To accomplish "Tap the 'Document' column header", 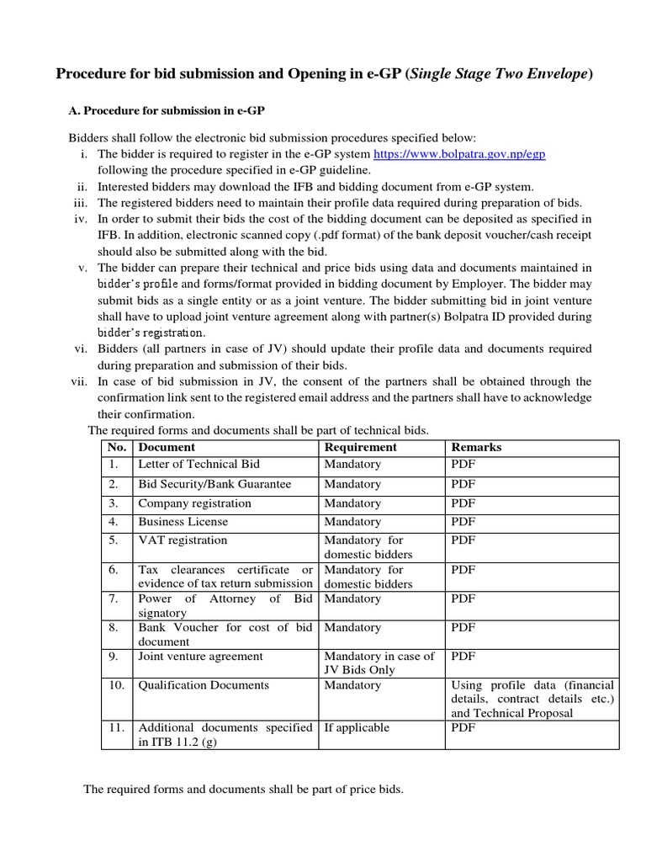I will [x=167, y=447].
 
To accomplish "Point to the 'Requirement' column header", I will [x=361, y=447].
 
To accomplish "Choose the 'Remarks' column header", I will [x=476, y=447].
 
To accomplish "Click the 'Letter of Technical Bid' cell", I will [x=199, y=464].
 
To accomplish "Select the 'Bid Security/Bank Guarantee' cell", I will [x=214, y=484].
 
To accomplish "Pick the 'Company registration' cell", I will [x=194, y=503].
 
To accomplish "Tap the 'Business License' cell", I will [x=183, y=522].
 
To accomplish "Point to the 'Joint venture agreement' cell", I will [x=200, y=656].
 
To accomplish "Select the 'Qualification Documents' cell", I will [x=204, y=685].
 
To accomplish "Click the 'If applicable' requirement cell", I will [x=357, y=727].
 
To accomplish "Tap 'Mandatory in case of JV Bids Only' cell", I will [x=379, y=662].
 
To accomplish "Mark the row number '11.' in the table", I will [x=116, y=727].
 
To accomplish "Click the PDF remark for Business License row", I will [x=463, y=522].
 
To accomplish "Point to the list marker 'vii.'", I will [x=80, y=381].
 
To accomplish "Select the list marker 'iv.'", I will [x=82, y=219].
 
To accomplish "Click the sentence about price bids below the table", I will [x=243, y=790].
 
